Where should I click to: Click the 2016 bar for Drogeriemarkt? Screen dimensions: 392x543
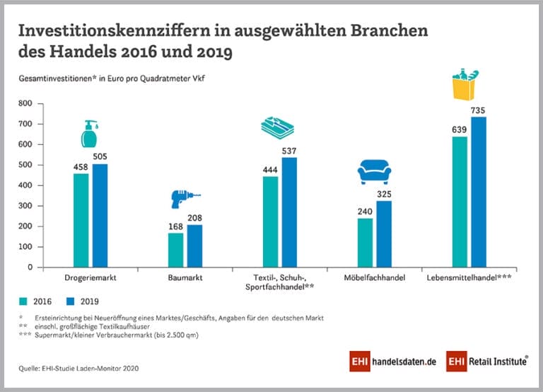pyautogui.click(x=81, y=220)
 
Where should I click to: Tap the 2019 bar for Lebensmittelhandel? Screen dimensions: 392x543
pyautogui.click(x=478, y=192)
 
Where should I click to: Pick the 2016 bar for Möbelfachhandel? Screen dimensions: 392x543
pyautogui.click(x=366, y=242)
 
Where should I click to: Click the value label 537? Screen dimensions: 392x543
pyautogui.click(x=288, y=151)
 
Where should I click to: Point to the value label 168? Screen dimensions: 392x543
pyautogui.click(x=175, y=227)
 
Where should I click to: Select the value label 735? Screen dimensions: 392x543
pyautogui.click(x=478, y=111)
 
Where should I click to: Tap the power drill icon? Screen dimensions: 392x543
pyautogui.click(x=185, y=200)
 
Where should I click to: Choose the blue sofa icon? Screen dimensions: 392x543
pyautogui.click(x=372, y=171)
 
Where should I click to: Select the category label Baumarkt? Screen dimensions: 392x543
pyautogui.click(x=185, y=279)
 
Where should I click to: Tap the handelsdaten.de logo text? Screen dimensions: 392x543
pyautogui.click(x=399, y=361)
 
